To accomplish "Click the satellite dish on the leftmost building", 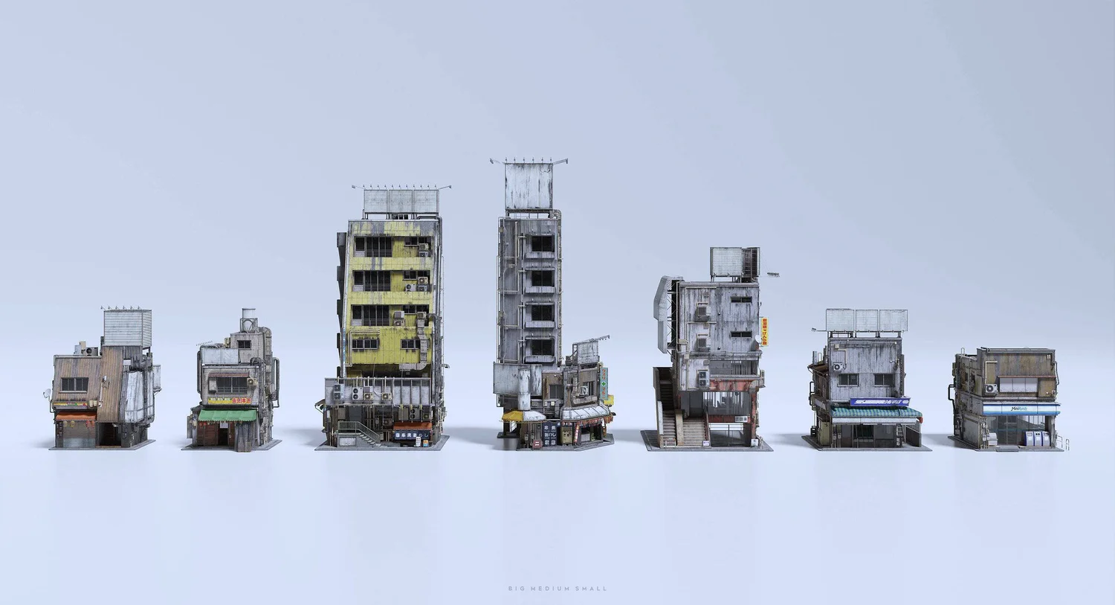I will coord(48,394).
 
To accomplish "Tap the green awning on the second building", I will coord(227,415).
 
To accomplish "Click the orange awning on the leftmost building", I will coord(75,414).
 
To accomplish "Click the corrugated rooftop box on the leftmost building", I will coord(127,327).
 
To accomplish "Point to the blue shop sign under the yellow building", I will coord(412,435).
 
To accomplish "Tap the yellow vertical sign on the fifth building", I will coord(763,332).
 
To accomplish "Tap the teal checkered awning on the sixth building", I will coord(874,412).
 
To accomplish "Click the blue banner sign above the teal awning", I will coord(879,403).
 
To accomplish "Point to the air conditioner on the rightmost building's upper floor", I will coord(990,388).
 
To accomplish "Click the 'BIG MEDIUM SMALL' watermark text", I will coord(557,589).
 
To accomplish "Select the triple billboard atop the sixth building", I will coord(867,321).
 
